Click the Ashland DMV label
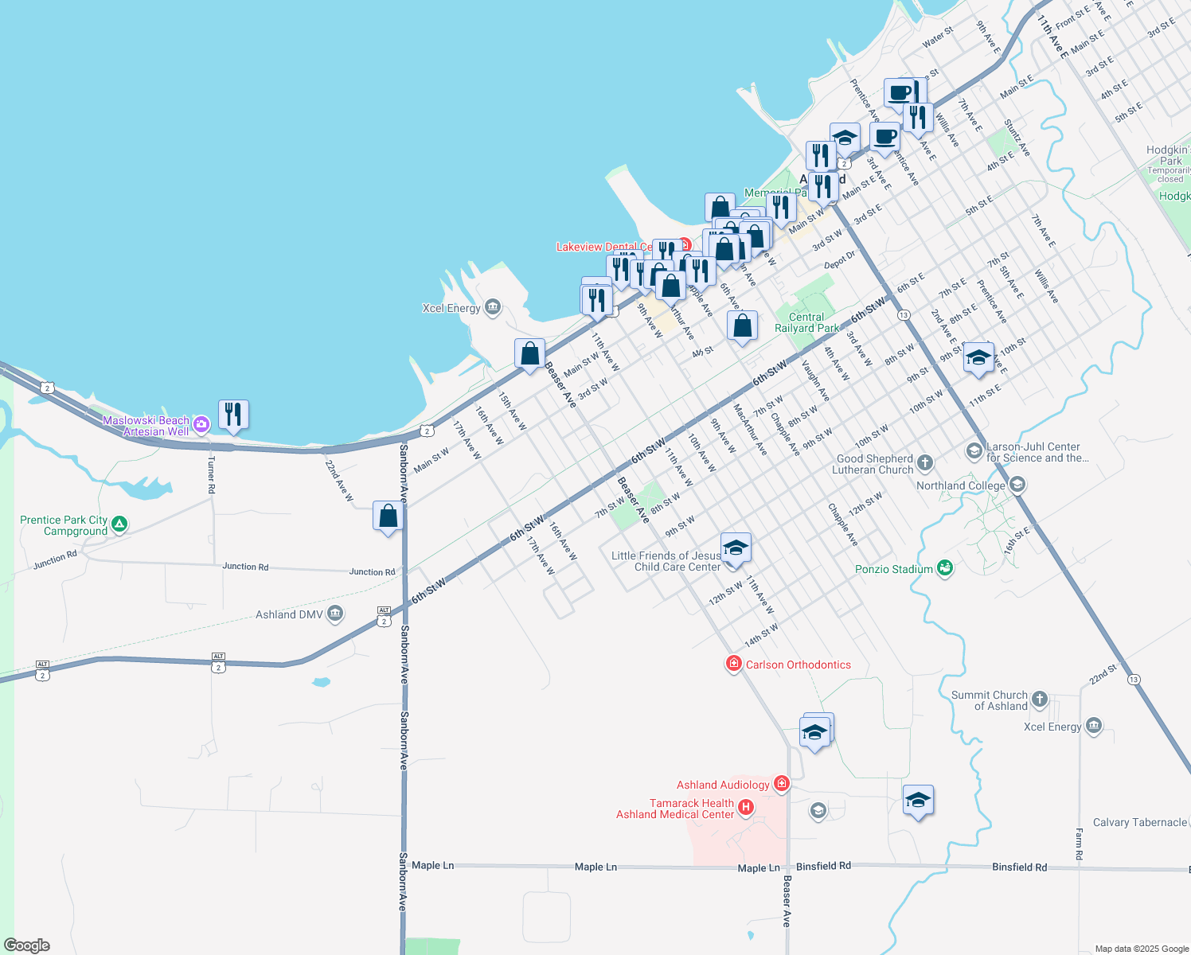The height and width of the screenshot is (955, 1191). tap(288, 614)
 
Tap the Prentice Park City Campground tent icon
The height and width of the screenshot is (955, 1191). tap(119, 524)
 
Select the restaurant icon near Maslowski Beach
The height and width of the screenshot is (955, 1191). tap(232, 415)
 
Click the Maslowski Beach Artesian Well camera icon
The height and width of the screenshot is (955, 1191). tap(201, 425)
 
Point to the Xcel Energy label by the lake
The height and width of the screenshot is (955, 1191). tap(451, 308)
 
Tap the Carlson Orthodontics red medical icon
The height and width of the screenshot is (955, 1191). tap(733, 664)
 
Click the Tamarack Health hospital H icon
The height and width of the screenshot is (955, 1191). tap(746, 808)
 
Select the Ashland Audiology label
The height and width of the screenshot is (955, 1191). tap(723, 785)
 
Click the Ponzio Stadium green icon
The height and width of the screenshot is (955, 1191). tap(945, 568)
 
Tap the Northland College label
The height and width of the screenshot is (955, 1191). tap(960, 485)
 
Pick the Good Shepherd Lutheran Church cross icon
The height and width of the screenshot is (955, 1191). tap(924, 462)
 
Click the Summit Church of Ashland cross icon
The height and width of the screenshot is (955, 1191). tap(1039, 700)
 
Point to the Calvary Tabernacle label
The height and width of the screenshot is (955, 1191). tap(1139, 822)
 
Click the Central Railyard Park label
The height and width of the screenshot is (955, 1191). tap(806, 322)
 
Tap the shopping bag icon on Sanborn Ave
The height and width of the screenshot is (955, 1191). tap(388, 516)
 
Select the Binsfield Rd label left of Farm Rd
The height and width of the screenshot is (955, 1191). tap(1019, 867)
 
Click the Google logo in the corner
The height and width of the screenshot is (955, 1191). tap(26, 945)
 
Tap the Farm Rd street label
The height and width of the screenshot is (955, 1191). tap(1080, 844)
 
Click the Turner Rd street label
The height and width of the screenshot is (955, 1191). tap(211, 474)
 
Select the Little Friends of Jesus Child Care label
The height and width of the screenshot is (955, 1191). tap(666, 561)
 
